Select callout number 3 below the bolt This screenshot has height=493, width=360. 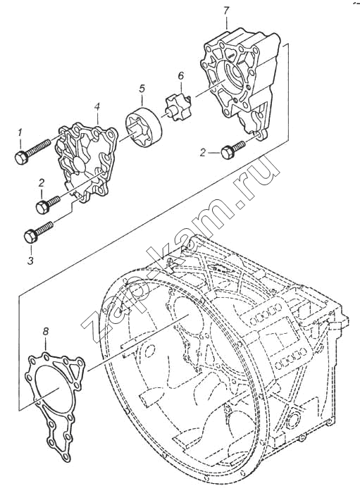30,261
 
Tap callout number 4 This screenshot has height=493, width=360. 97,108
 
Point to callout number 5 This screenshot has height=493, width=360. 142,89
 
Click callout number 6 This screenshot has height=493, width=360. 180,76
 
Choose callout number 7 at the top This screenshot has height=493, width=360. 226,11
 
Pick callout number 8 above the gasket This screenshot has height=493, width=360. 46,331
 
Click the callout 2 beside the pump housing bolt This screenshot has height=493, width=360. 203,153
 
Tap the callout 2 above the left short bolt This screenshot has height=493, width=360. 42,183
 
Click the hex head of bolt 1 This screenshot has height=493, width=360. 21,158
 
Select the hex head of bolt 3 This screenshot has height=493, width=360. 31,236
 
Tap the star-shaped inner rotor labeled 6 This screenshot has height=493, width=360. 178,107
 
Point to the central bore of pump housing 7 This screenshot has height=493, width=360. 233,75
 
